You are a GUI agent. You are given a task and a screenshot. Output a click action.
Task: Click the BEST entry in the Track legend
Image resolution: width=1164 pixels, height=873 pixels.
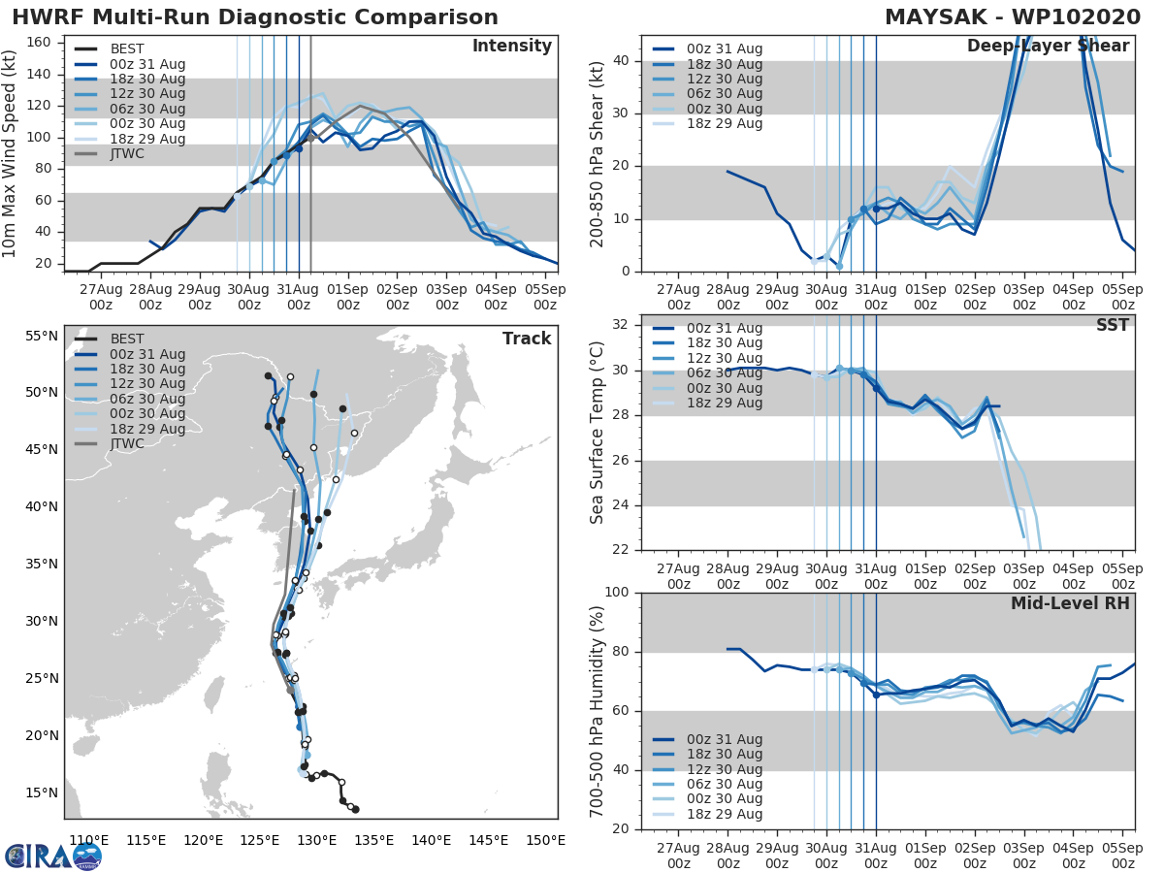(x=127, y=339)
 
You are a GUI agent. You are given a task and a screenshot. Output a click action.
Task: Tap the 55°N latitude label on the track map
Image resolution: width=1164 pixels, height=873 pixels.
(x=41, y=336)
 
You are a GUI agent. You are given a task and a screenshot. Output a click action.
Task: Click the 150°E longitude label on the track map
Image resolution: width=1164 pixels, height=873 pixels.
(x=545, y=840)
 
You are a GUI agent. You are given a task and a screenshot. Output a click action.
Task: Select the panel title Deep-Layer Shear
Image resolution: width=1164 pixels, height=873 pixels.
(x=1048, y=47)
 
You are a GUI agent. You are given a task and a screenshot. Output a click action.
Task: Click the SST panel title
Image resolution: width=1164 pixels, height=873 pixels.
(x=1113, y=325)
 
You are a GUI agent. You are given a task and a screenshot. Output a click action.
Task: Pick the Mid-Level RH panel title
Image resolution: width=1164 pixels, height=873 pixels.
(x=1070, y=603)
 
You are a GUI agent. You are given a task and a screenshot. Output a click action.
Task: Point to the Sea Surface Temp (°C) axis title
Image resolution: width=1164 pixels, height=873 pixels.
(x=598, y=433)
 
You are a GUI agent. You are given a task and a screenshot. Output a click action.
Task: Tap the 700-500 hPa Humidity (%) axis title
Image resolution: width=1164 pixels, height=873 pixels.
(x=598, y=710)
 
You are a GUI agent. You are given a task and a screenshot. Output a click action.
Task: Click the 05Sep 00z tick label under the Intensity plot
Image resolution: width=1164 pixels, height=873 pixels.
(x=545, y=297)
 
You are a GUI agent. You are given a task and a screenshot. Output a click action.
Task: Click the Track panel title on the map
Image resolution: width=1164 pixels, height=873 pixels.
(x=526, y=339)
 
